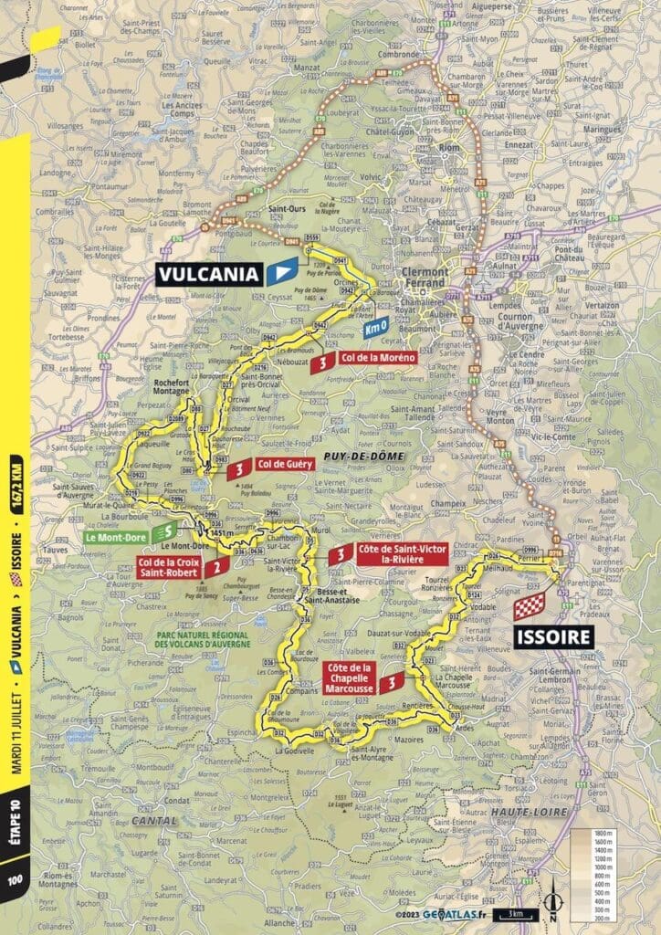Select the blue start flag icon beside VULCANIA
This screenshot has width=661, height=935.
pos(285,271)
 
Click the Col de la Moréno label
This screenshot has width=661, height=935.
pos(376,359)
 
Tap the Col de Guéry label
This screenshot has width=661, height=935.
pos(281,465)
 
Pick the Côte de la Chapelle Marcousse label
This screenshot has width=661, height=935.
pos(347,680)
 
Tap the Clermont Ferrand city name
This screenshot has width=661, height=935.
pos(433,278)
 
